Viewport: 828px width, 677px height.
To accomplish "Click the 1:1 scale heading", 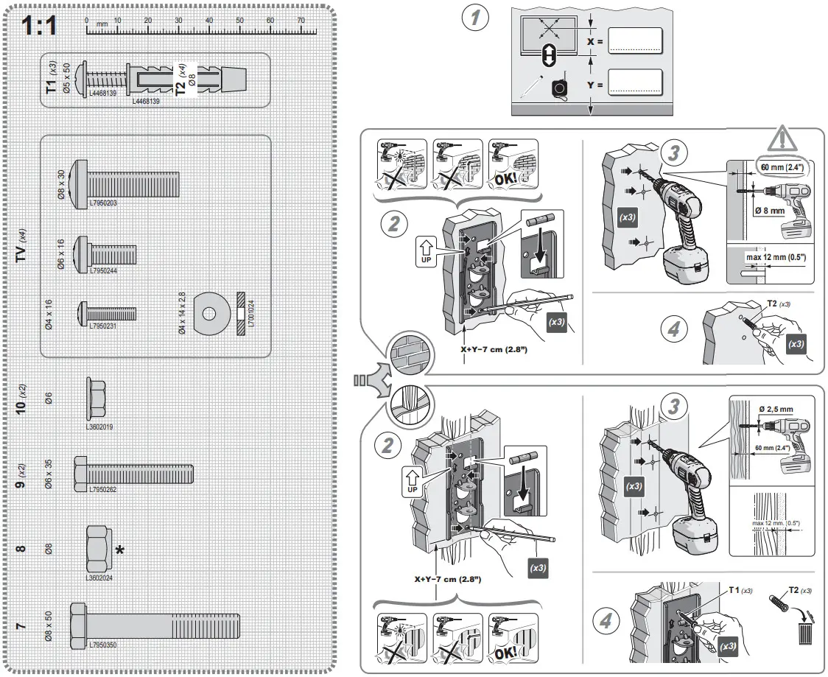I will (38, 28).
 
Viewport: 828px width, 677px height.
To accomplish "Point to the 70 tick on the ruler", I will (301, 21).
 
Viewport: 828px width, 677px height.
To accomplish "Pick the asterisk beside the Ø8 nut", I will (119, 550).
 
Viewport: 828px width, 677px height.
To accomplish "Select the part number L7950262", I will (103, 489).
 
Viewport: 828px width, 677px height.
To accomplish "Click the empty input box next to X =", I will (636, 42).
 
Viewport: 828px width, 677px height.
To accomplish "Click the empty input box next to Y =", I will (636, 84).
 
